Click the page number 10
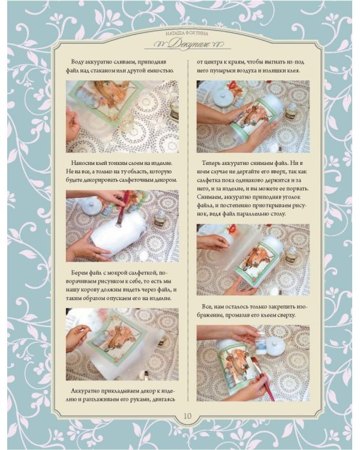tap(187, 416)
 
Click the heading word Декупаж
tap(188, 44)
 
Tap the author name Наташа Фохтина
tap(187, 34)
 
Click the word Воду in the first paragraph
tap(77, 62)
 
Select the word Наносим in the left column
tap(80, 163)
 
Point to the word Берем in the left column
tap(79, 272)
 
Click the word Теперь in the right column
tap(211, 163)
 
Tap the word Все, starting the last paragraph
tap(207, 307)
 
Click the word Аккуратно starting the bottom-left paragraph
tap(85, 391)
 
